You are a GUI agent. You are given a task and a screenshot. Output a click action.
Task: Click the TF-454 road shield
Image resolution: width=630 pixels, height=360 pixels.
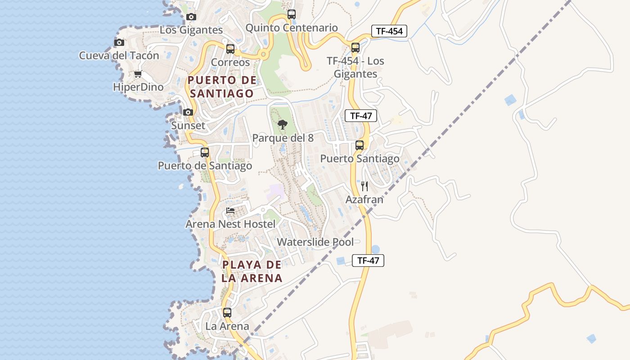click(x=389, y=31)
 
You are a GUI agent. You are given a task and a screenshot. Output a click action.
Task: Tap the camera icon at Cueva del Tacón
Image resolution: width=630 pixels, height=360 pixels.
click(x=119, y=42)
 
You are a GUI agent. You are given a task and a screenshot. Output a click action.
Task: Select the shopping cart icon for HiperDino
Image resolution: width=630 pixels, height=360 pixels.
click(x=138, y=74)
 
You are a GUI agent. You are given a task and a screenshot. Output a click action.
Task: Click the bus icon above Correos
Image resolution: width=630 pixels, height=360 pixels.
click(x=230, y=49)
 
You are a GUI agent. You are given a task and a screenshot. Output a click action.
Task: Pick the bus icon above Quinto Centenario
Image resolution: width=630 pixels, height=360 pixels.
click(x=292, y=14)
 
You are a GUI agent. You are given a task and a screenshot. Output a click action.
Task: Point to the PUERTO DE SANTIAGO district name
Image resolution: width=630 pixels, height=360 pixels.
click(x=222, y=87)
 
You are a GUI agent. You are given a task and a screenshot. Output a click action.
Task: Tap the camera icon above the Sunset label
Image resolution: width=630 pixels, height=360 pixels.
click(x=188, y=112)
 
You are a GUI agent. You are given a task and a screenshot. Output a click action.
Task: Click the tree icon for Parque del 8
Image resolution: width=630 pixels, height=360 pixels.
click(x=283, y=125)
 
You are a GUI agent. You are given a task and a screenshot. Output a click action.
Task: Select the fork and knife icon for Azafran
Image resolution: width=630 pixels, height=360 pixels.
click(x=364, y=186)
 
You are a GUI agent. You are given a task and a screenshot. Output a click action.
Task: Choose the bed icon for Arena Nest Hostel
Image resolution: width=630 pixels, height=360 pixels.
click(x=230, y=211)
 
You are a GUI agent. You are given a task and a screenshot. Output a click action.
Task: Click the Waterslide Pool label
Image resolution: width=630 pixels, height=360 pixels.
click(x=315, y=242)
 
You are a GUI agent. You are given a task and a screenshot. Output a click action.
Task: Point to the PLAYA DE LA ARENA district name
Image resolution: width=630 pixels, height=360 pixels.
click(x=252, y=271)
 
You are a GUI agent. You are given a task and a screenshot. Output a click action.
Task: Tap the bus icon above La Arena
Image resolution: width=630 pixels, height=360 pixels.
click(x=227, y=312)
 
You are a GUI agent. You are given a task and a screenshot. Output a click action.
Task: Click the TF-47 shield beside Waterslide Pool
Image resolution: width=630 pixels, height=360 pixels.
click(x=368, y=261)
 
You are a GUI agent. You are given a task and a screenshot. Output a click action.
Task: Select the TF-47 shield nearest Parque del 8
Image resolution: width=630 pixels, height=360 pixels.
click(x=361, y=116)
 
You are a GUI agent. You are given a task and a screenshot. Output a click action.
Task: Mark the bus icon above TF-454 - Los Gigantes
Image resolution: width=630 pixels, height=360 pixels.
click(x=355, y=47)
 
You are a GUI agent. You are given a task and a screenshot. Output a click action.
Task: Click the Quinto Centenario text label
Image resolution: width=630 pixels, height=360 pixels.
click(x=292, y=28)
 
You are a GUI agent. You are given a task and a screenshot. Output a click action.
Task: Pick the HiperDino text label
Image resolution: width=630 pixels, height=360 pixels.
click(x=138, y=87)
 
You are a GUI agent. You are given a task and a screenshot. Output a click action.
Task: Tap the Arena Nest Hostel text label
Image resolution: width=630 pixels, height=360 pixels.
click(x=230, y=224)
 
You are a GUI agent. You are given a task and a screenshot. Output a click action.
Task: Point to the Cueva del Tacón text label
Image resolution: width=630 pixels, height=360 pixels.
click(x=119, y=56)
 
